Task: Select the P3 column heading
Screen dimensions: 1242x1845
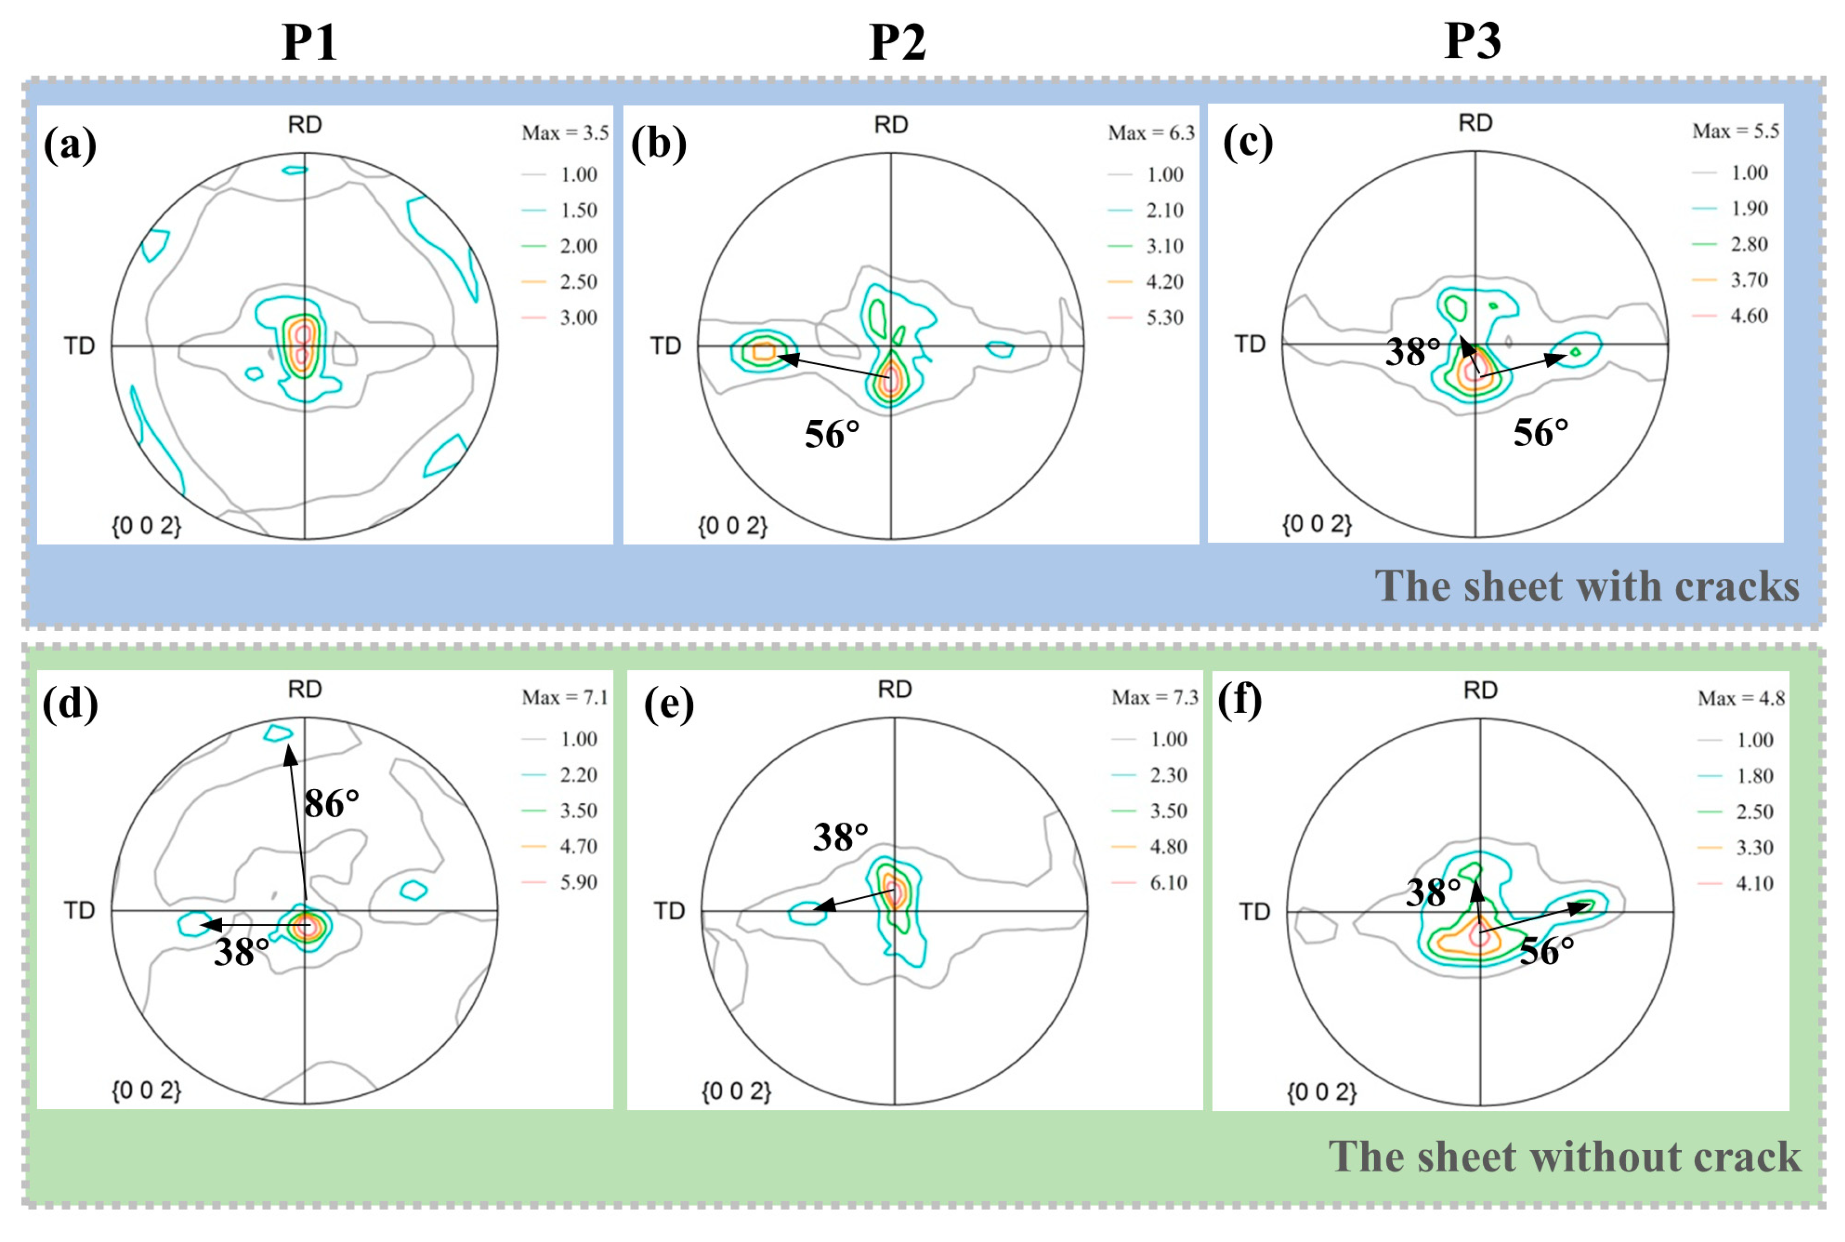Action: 1472,41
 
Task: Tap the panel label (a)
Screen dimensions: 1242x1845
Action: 70,145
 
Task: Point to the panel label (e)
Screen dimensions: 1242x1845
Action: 668,704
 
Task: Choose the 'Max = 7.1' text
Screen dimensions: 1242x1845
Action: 564,698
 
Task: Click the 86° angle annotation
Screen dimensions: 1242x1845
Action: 331,804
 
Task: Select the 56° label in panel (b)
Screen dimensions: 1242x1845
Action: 832,435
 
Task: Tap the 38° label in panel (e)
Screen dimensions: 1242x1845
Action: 840,837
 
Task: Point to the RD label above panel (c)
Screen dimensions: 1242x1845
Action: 1475,123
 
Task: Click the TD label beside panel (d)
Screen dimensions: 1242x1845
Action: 79,911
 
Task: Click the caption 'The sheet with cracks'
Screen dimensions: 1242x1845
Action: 1587,587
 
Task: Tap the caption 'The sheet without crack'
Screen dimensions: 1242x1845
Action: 1564,1157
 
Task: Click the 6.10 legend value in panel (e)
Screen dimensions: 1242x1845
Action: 1168,883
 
